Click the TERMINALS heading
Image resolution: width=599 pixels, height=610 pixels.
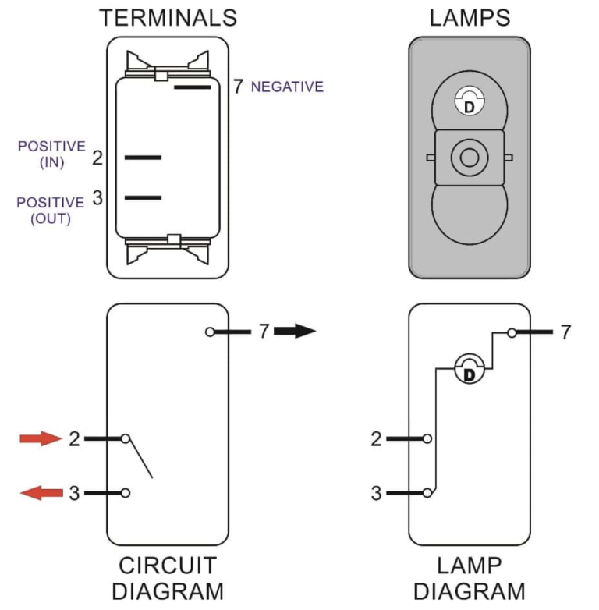tap(168, 17)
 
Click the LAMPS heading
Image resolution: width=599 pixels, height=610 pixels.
tap(469, 17)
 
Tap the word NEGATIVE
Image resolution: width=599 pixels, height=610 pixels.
tap(287, 87)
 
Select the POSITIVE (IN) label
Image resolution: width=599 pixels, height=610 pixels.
tap(51, 154)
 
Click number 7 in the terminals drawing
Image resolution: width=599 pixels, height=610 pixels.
tap(238, 87)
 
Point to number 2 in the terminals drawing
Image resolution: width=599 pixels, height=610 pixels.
tap(97, 158)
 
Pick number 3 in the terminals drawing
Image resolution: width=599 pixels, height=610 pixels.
tap(97, 198)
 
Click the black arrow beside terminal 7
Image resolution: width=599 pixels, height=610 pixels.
tap(294, 332)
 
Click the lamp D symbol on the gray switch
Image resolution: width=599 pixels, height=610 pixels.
tap(469, 102)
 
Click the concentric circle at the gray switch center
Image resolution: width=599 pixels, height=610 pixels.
tap(469, 158)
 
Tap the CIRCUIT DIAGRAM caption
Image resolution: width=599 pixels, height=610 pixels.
tap(168, 577)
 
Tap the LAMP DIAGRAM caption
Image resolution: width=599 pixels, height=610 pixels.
tap(469, 577)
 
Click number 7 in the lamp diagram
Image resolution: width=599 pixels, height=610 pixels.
tap(565, 332)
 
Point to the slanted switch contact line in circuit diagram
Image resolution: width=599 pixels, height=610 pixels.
tap(140, 459)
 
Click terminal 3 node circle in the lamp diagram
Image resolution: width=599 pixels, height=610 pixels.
tap(427, 493)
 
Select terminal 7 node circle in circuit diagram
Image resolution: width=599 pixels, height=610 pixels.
tap(209, 332)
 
